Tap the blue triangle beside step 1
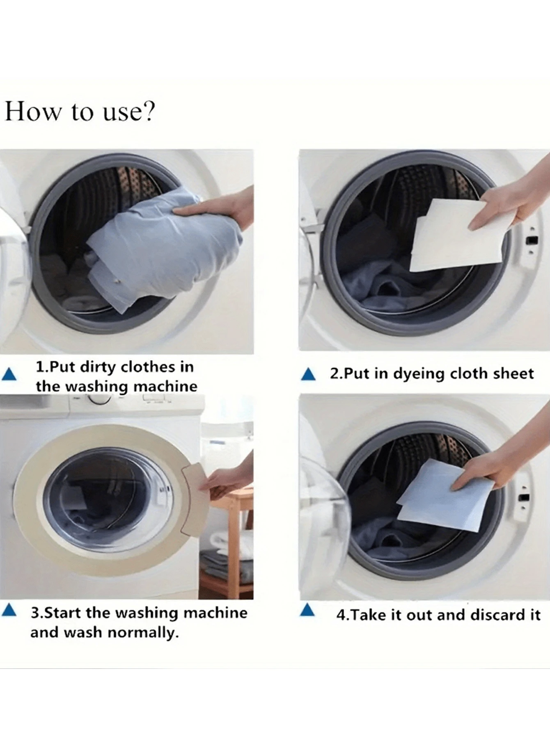[x=9, y=374]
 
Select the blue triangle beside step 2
[x=308, y=374]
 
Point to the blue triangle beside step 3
[x=9, y=610]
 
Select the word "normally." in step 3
[x=143, y=633]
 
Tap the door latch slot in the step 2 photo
[x=532, y=240]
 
